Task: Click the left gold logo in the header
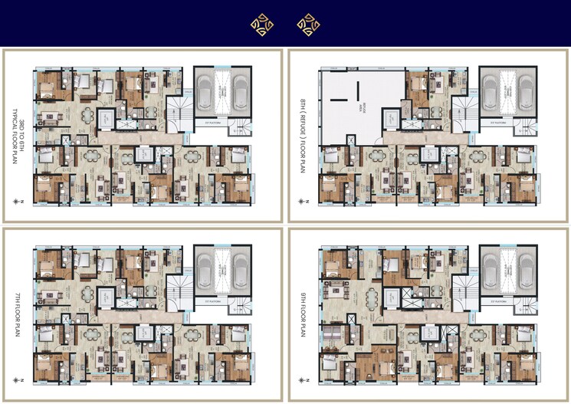(261, 25)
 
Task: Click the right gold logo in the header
(308, 25)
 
